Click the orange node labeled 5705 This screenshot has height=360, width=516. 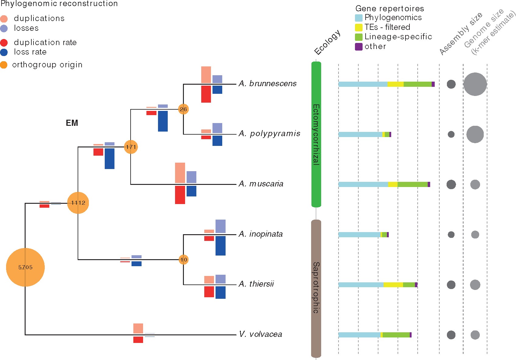tap(25, 267)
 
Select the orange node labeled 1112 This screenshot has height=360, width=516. tap(78, 203)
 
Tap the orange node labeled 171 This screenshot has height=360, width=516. tap(131, 147)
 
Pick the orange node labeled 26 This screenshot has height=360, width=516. tap(183, 109)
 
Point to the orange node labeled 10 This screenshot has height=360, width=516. tap(183, 259)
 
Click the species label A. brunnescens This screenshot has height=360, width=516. tap(268, 84)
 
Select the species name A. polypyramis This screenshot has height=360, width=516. tap(269, 134)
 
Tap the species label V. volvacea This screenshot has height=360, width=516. tap(261, 334)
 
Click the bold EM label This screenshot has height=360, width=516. tap(72, 123)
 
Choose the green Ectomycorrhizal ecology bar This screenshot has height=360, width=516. tap(316, 134)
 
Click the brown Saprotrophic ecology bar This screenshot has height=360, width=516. tap(316, 288)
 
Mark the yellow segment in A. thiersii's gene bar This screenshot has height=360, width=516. tap(393, 285)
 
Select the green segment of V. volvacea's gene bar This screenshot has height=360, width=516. tap(396, 335)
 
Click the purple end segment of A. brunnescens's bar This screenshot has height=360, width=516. tap(433, 84)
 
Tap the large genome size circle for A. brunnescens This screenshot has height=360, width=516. tap(475, 84)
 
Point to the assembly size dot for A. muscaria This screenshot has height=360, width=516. tap(451, 184)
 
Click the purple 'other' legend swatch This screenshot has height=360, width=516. tap(359, 47)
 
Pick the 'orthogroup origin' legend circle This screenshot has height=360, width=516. tap(4, 65)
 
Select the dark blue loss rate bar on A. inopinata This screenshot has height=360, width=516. tap(220, 245)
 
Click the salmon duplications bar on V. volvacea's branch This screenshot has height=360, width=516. tap(138, 328)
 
